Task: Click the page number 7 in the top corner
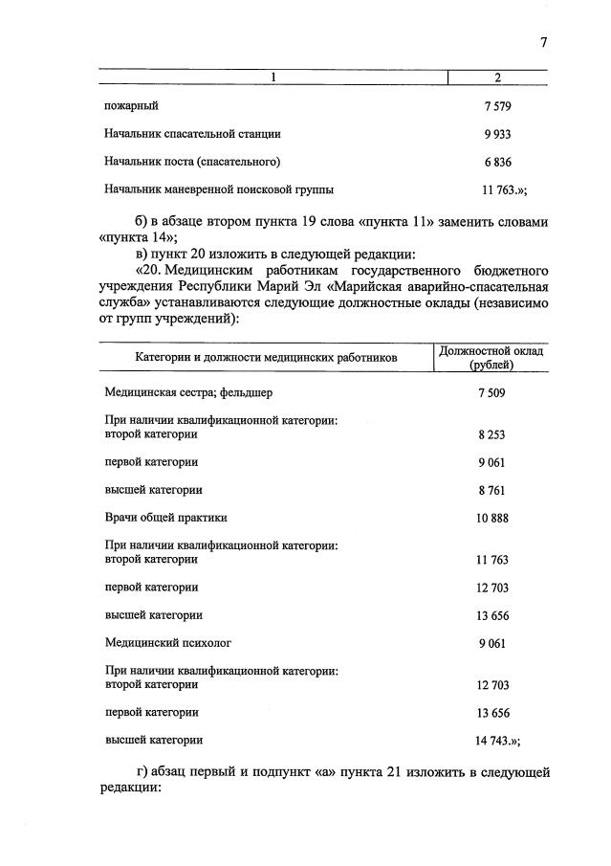(x=543, y=42)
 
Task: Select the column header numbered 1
(x=273, y=78)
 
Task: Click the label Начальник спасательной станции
(x=192, y=134)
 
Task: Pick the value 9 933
(x=498, y=134)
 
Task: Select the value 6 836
(x=498, y=162)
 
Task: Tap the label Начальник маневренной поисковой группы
(x=219, y=189)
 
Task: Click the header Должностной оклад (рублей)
(x=491, y=358)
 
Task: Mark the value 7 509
(x=491, y=392)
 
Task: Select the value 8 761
(x=491, y=490)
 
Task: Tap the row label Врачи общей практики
(x=165, y=518)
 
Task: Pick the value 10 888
(x=491, y=518)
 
